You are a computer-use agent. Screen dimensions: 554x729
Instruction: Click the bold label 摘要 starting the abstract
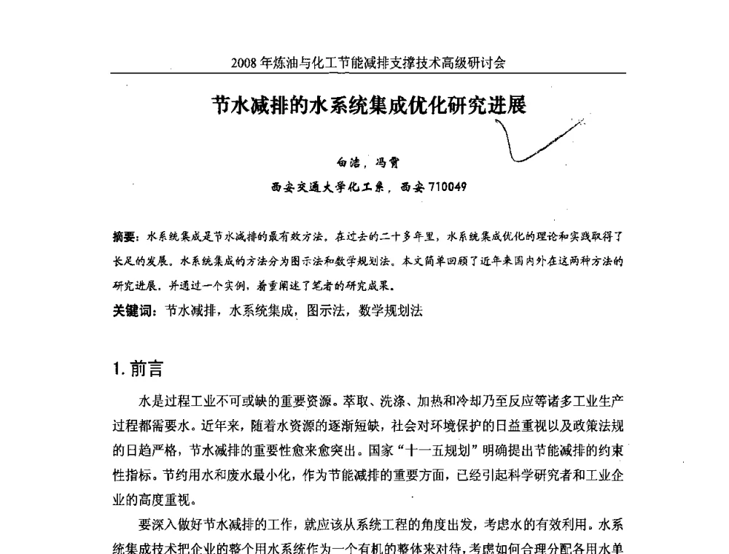(x=125, y=237)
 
